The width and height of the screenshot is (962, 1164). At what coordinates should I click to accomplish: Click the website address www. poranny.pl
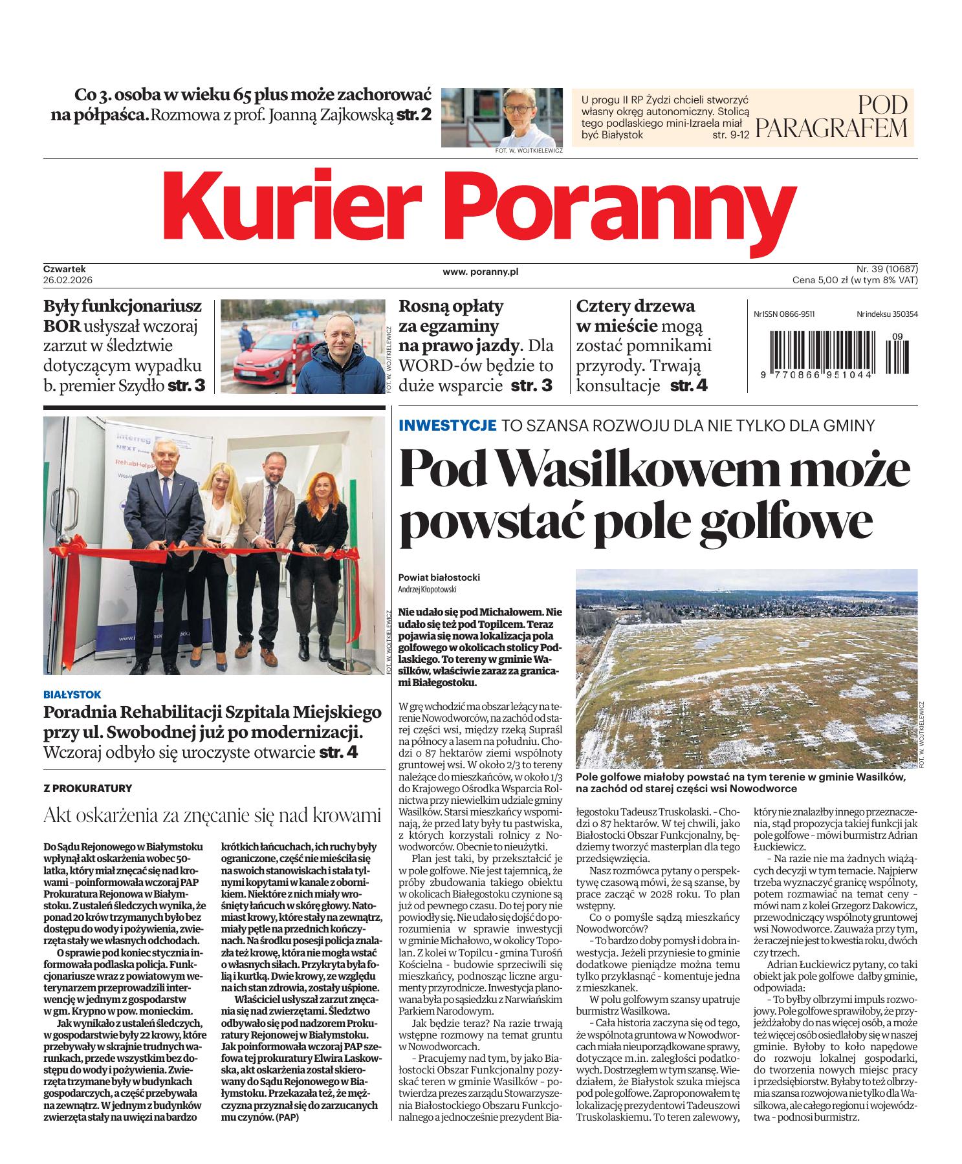481,272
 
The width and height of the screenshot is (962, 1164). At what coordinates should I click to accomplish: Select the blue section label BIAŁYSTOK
72,694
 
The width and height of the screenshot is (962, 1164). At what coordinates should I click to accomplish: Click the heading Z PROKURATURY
87,788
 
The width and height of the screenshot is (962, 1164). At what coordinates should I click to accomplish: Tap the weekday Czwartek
65,268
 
